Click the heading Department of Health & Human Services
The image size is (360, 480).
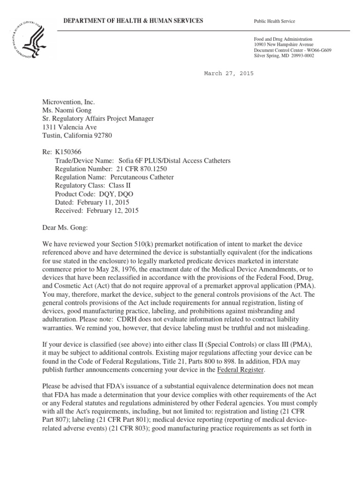(130, 21)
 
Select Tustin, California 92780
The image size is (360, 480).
(75, 135)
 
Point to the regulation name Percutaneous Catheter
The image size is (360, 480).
(142, 177)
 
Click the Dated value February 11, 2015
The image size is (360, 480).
(103, 202)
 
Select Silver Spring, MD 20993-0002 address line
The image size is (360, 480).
(284, 56)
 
